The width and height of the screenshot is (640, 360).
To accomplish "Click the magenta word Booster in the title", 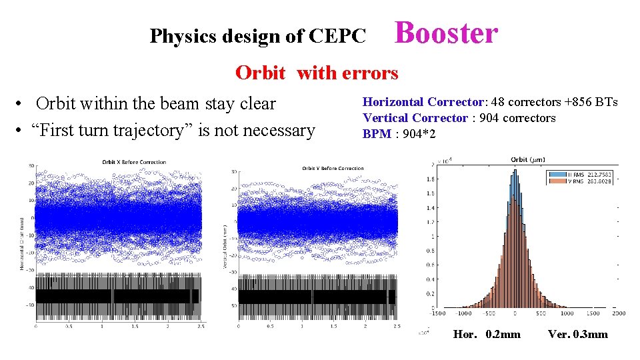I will coord(446,33).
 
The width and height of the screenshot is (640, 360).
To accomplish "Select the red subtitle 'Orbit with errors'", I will coord(316,73).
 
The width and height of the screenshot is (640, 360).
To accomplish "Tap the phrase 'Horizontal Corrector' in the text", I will coord(423,102).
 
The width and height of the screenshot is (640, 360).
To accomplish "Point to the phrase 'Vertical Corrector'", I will coord(415,118).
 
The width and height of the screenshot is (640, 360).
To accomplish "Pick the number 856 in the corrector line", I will coord(583,102).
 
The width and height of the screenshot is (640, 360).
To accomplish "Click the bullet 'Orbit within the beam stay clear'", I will coord(155,103).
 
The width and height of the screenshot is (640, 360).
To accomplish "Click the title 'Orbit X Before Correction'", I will coord(133,162).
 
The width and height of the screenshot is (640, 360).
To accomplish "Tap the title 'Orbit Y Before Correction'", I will coord(333,168).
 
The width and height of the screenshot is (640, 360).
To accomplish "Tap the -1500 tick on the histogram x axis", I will coord(437,313).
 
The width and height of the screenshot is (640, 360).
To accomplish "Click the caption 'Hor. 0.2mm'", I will coord(487,334).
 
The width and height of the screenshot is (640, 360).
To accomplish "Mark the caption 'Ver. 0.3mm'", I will coord(577,334).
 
